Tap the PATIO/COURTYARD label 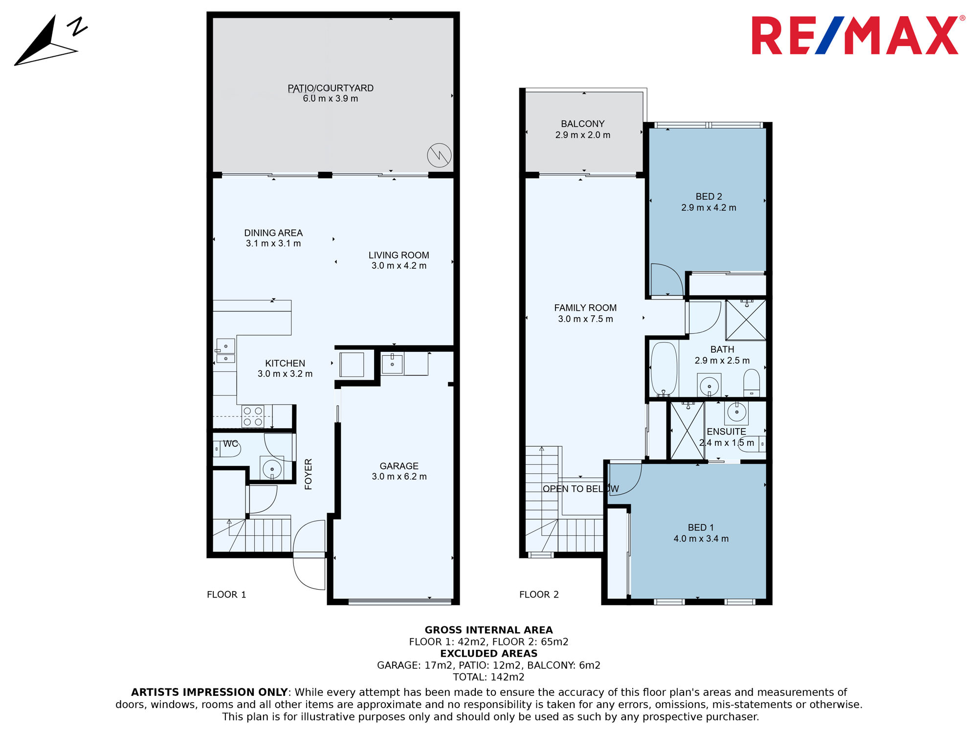coord(331,88)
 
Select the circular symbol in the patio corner coord(439,155)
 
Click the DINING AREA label coord(273,233)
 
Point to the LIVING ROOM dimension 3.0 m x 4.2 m coord(399,266)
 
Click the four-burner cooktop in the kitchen coord(253,416)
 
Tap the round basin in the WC coord(272,469)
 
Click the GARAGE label coord(399,466)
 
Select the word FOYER coord(308,474)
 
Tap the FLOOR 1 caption coord(226,595)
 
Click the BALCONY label coord(583,124)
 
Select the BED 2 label coord(709,196)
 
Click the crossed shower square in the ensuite coord(687,431)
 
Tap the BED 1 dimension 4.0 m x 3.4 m coord(701,539)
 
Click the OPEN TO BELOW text coord(581,489)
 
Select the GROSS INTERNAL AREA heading coord(489,630)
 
